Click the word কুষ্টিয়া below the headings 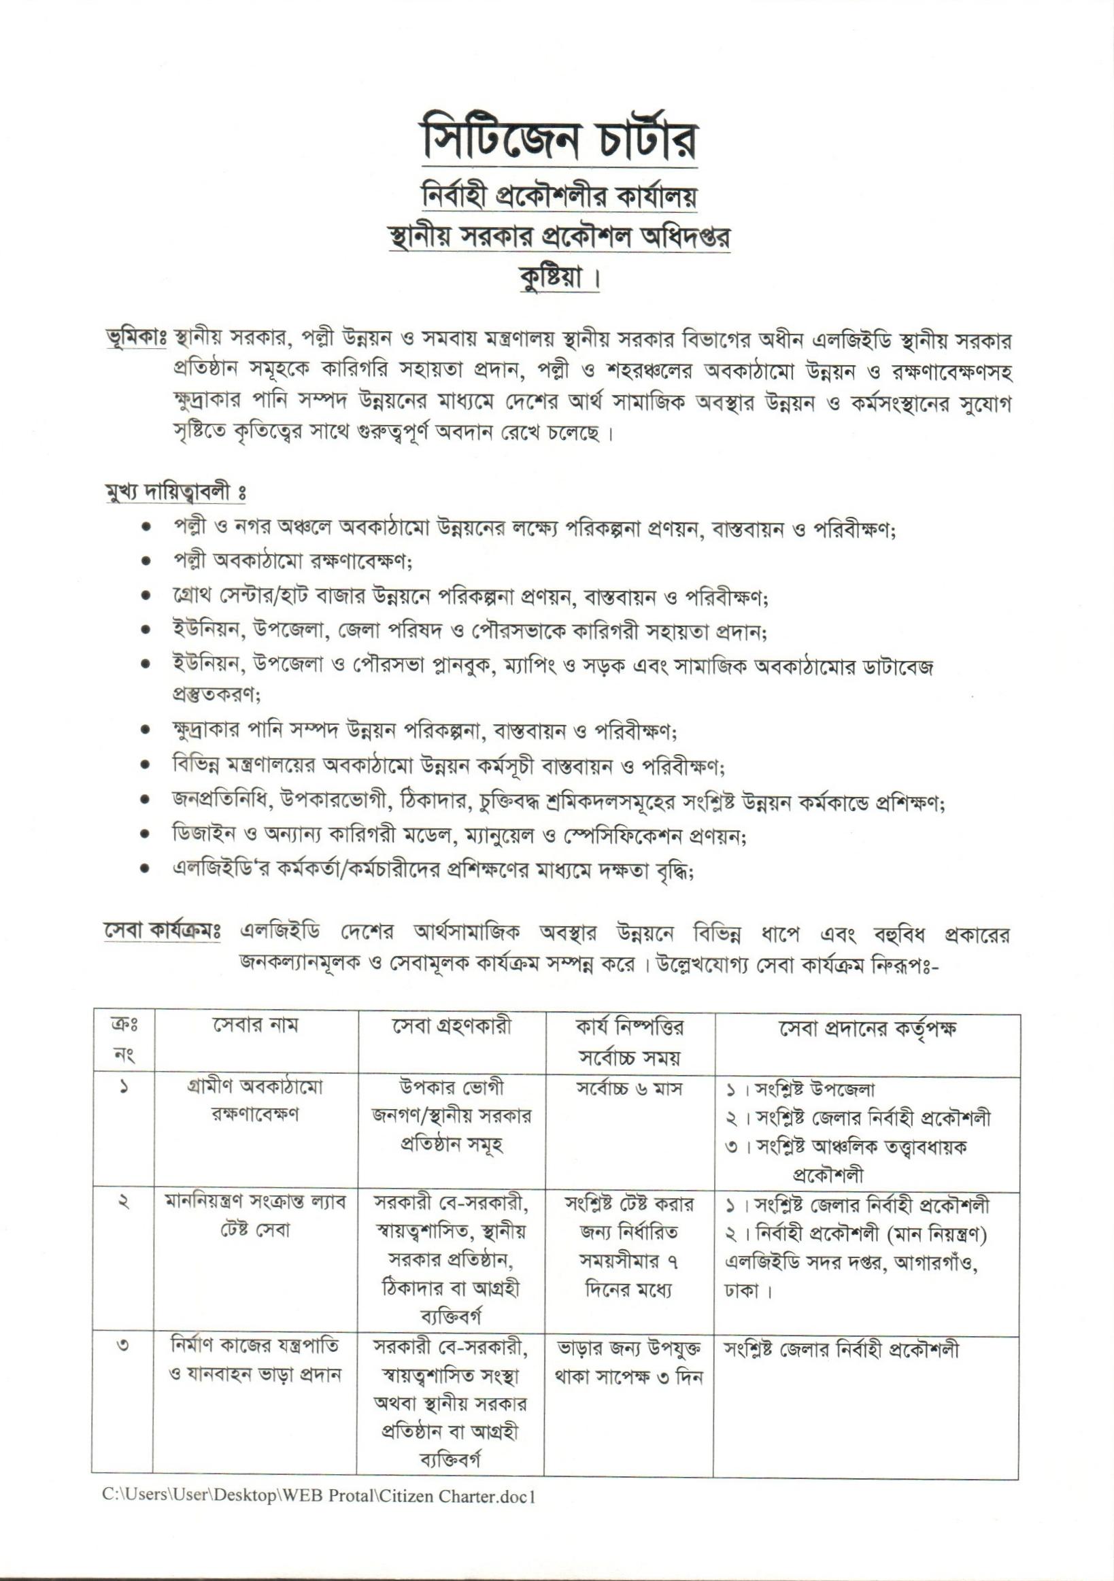pos(555,279)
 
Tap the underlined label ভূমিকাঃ pos(135,341)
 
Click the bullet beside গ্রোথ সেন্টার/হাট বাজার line pos(146,596)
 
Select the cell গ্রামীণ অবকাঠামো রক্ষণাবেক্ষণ pos(255,1102)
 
